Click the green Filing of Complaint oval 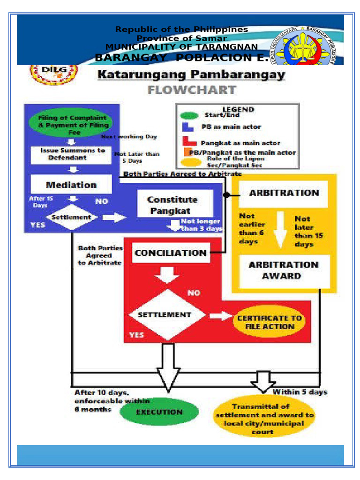pos(70,124)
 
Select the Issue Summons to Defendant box pos(70,154)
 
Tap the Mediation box pos(71,184)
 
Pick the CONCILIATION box pos(171,253)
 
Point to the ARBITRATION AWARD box pos(284,270)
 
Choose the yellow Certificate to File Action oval pos(269,322)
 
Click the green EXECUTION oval pos(159,412)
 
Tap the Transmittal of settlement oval pos(265,418)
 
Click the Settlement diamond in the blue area pos(71,217)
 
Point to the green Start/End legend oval pos(190,115)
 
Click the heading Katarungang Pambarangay pos(191,75)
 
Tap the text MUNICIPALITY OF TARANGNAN pos(181,47)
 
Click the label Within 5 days pos(300,391)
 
